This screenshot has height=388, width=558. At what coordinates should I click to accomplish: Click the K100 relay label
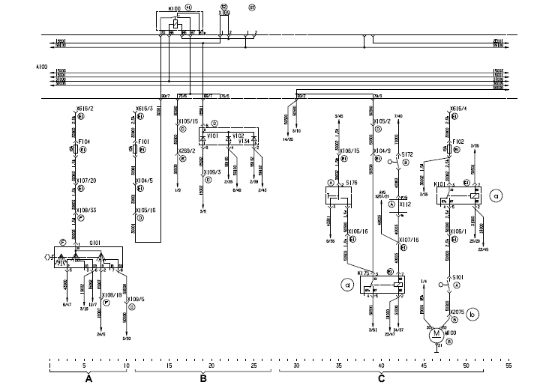173,7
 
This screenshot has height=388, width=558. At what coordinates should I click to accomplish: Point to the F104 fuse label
83,140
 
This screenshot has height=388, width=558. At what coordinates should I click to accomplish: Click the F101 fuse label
143,140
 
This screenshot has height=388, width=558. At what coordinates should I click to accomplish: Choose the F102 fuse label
457,140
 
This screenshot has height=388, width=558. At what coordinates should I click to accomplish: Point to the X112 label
405,204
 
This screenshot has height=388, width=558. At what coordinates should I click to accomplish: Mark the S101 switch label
458,277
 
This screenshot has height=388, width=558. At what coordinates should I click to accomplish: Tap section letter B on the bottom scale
203,380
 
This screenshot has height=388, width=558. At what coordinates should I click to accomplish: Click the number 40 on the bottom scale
381,366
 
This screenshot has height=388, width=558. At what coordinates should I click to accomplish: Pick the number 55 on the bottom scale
509,366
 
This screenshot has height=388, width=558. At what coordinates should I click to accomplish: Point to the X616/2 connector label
83,108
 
